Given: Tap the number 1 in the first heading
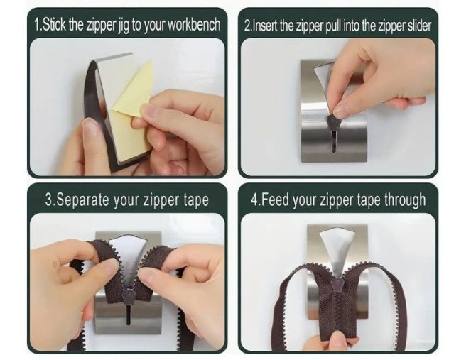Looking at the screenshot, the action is [37, 24].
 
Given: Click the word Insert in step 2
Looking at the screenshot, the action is [265, 26].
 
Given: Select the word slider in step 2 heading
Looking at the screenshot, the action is [419, 26].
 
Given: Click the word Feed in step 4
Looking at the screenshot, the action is [274, 200].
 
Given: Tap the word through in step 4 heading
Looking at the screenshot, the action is [405, 200].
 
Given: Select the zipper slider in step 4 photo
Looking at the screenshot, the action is [335, 285].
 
